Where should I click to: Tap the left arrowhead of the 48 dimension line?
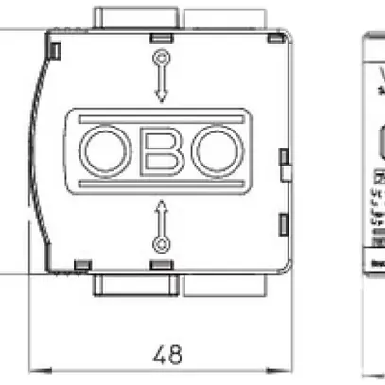pyautogui.click(x=37, y=370)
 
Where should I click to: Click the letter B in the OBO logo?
pyautogui.click(x=161, y=151)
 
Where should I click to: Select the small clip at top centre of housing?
pyautogui.click(x=162, y=37)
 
